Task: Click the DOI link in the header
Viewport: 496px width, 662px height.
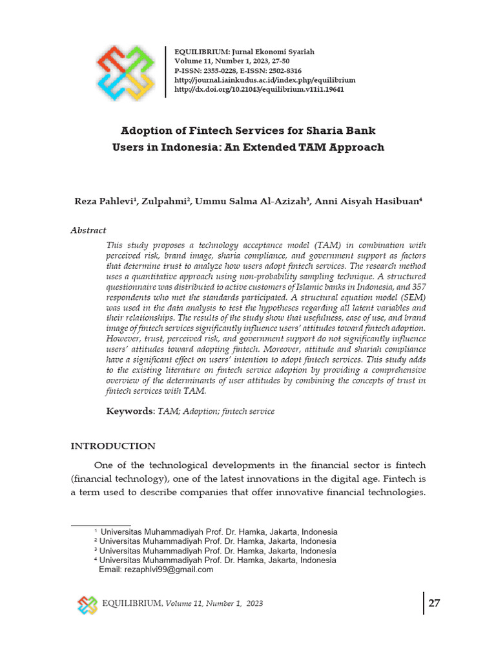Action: pyautogui.click(x=260, y=89)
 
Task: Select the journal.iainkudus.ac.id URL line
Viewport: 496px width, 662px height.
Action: pyautogui.click(x=265, y=80)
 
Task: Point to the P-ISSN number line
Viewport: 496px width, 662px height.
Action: pyautogui.click(x=238, y=70)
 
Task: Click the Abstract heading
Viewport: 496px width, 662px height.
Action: pyautogui.click(x=88, y=230)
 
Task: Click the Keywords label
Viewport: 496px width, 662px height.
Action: pyautogui.click(x=130, y=411)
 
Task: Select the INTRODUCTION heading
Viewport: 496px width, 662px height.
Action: pyautogui.click(x=112, y=446)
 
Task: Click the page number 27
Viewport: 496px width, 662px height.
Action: pyautogui.click(x=434, y=603)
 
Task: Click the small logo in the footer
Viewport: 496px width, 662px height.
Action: pyautogui.click(x=87, y=604)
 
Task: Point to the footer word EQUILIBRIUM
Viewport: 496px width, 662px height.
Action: pyautogui.click(x=132, y=604)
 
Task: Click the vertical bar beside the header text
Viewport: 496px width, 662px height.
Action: pyautogui.click(x=166, y=71)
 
